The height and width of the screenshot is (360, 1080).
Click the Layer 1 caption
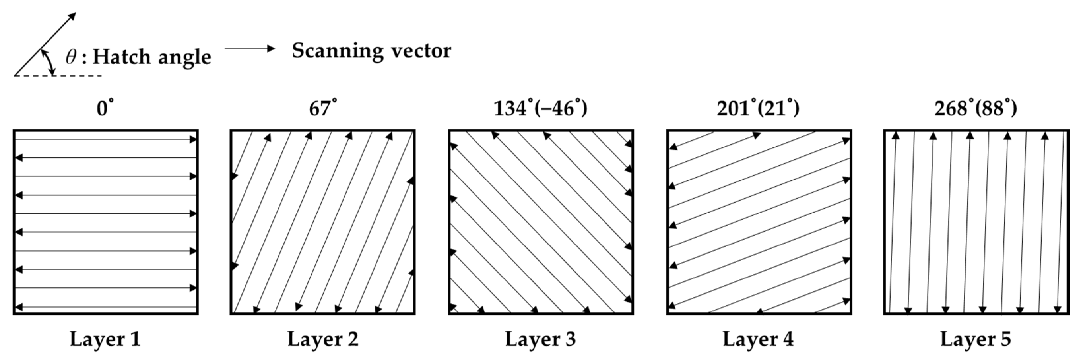pos(105,339)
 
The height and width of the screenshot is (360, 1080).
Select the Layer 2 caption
pos(323,339)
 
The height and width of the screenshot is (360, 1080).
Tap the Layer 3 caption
pos(540,339)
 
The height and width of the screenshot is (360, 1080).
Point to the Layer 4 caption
pos(758,339)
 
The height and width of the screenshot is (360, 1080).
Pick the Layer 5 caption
pos(976,339)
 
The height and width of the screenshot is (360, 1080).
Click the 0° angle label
pos(105,109)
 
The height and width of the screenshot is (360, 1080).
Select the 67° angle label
pos(322,109)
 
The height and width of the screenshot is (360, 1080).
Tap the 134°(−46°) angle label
pos(540,109)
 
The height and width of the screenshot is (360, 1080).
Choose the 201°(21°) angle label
pos(758,109)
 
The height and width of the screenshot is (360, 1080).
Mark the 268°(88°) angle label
pos(976,109)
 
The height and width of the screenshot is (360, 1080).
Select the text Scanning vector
pos(372,51)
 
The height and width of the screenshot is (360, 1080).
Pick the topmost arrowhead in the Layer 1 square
pos(193,139)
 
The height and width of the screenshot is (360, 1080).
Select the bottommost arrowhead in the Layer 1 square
pos(18,307)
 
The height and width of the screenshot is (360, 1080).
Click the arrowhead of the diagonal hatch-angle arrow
pos(73,16)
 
